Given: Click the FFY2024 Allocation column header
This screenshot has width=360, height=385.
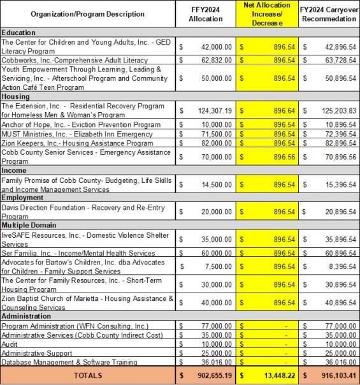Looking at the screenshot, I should point(205,14).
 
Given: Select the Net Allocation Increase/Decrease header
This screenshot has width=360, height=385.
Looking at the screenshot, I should point(266,14).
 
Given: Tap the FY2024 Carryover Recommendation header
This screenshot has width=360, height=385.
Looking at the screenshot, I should point(329,14).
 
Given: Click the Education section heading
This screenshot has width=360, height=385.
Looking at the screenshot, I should point(18,32).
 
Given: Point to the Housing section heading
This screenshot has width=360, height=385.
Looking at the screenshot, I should point(17,96).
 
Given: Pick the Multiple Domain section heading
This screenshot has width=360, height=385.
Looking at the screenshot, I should point(29,225).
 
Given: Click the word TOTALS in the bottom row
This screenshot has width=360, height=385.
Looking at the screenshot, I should point(88,376).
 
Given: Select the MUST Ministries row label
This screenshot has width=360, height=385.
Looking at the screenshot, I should point(77,134).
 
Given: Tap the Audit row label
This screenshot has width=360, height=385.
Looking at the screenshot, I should point(11,344).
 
